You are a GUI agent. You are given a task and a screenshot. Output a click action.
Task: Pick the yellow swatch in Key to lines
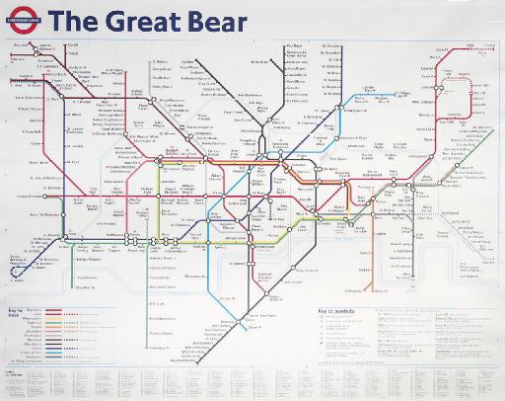click(53, 318)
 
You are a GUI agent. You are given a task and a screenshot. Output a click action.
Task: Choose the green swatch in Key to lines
click(53, 323)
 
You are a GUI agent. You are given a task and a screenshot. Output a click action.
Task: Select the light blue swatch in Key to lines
click(53, 353)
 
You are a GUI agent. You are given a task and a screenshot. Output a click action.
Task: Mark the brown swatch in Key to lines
click(53, 310)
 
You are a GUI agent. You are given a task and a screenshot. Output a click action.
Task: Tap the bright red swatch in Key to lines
click(53, 314)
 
